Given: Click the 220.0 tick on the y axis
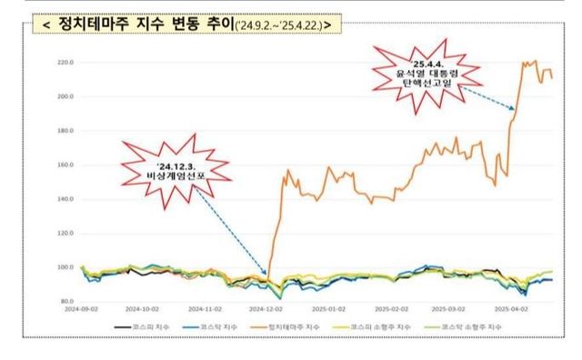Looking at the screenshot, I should (x=65, y=63).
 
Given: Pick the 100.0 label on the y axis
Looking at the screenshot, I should (x=65, y=267).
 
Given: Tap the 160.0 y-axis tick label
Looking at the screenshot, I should (x=65, y=165).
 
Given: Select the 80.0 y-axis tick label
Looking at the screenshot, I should (x=66, y=301).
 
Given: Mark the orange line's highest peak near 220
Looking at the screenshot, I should (x=524, y=62).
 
